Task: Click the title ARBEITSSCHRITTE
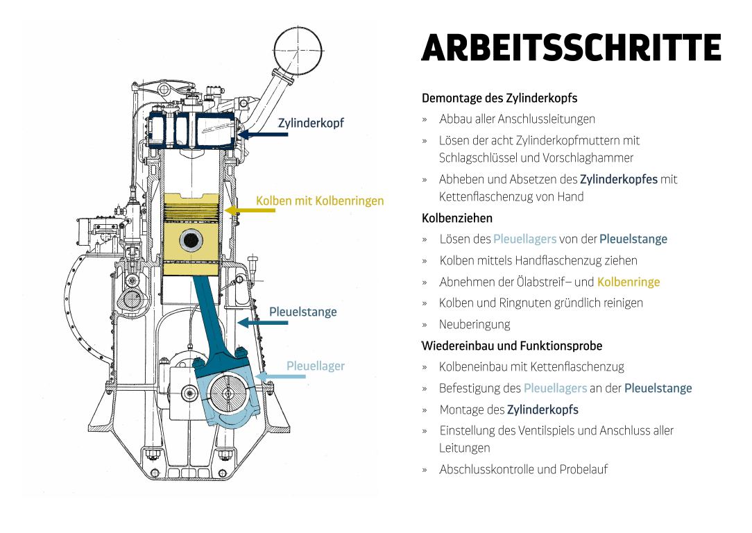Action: [571, 47]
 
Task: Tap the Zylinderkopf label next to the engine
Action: [311, 123]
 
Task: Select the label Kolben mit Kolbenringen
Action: [320, 201]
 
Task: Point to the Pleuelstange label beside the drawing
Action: [302, 312]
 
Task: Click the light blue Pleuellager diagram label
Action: [316, 366]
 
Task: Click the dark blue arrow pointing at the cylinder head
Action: [263, 135]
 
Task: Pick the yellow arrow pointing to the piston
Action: [250, 210]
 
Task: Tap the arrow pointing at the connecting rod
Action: [263, 323]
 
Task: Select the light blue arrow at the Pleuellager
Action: [280, 377]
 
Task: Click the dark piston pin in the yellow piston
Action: [191, 240]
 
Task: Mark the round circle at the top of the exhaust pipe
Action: [298, 51]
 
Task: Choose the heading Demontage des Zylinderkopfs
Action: [499, 99]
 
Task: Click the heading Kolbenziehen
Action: [457, 219]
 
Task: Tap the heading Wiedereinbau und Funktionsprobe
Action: [512, 346]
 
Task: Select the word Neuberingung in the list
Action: [475, 325]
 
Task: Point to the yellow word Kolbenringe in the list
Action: [629, 282]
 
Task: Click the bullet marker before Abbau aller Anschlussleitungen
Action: [425, 120]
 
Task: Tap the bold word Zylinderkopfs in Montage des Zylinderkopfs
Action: [542, 409]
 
